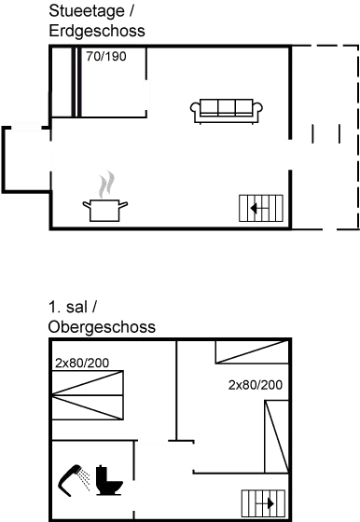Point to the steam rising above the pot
[108, 181]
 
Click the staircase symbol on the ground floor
[261, 208]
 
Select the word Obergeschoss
[100, 327]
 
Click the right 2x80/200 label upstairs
[256, 384]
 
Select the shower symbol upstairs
[75, 480]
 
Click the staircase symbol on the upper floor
[262, 504]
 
